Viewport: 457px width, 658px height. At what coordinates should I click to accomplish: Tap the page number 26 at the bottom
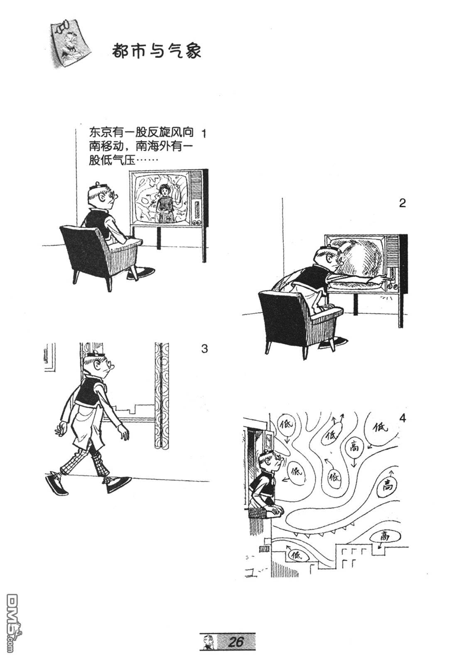(x=235, y=642)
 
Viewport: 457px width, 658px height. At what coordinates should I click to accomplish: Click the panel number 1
(x=204, y=134)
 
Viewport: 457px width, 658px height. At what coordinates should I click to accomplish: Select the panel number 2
(x=402, y=204)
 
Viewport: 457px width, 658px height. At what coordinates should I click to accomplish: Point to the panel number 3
(x=204, y=349)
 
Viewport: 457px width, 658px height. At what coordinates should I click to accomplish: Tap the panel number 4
(x=401, y=418)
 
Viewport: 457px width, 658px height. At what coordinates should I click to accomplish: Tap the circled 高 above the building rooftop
(x=385, y=537)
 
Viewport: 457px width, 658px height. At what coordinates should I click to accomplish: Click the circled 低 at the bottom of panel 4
(x=297, y=554)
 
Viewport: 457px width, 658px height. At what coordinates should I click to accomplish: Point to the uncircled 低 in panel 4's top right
(x=379, y=427)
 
